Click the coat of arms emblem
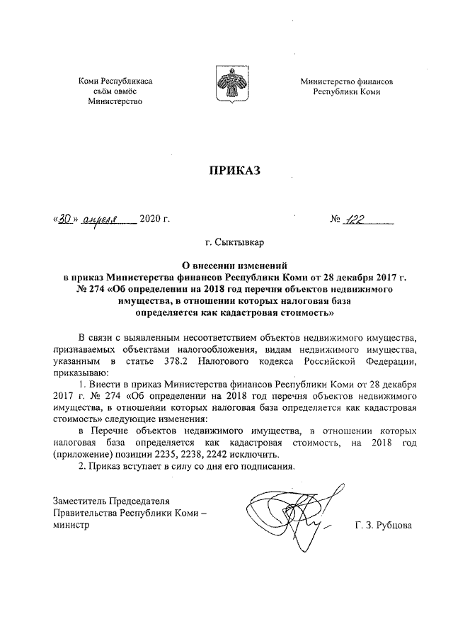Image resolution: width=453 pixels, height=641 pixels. coord(226,86)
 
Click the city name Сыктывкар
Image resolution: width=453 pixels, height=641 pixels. coord(239,244)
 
